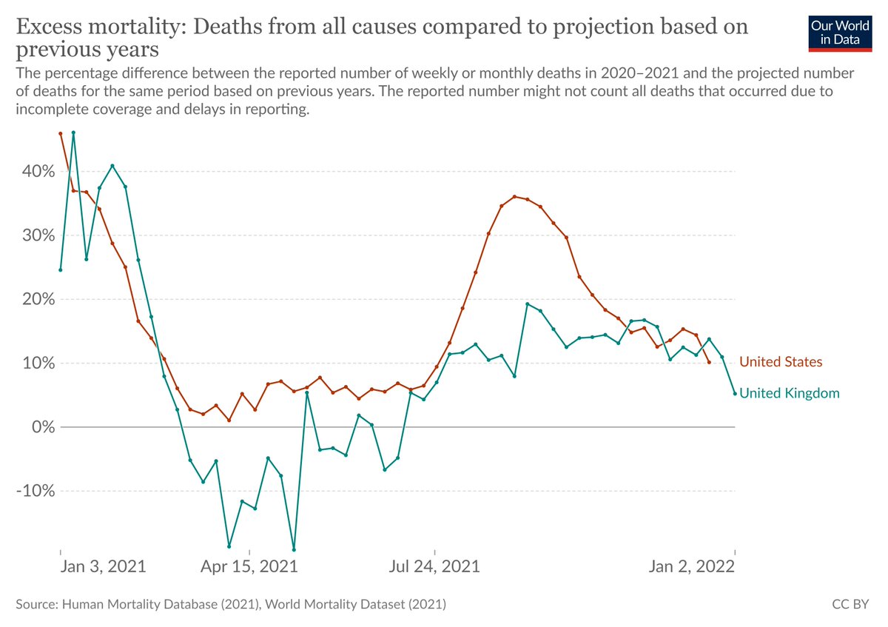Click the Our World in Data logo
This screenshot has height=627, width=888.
coord(840,34)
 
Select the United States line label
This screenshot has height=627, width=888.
coord(781,362)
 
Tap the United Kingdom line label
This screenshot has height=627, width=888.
coord(790,393)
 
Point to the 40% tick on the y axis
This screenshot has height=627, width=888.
coord(38,171)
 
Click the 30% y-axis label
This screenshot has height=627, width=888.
coord(38,235)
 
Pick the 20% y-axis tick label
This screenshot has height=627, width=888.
coord(38,299)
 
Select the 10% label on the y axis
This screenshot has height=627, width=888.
coord(38,363)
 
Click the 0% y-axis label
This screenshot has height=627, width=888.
coord(43,427)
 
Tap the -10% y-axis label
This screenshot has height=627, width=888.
coord(36,491)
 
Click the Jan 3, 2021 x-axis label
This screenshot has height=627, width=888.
coord(103,566)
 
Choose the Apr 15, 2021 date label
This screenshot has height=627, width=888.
coord(249,566)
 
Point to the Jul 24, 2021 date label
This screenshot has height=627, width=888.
coord(434,566)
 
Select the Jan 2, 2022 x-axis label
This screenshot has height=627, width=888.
coord(692,566)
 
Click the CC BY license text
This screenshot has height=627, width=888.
coord(850,604)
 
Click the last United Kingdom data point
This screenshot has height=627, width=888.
coord(735,394)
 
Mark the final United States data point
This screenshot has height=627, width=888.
coord(709,362)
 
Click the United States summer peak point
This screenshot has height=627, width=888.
coord(514,197)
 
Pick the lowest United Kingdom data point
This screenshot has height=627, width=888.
coord(294,550)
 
